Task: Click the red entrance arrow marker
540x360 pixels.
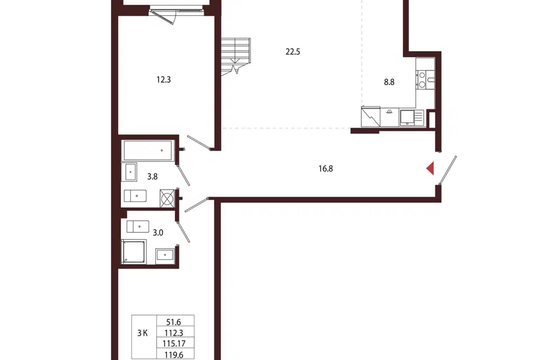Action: (430, 169)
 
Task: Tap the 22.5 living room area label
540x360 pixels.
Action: (292, 52)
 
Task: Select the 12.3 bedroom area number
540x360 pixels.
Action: (164, 79)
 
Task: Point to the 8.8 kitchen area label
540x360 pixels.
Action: (389, 82)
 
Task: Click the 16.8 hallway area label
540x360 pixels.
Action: (326, 168)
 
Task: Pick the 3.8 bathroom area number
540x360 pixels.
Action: (152, 177)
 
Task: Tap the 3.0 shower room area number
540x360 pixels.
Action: (157, 232)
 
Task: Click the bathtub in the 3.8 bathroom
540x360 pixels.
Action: (148, 151)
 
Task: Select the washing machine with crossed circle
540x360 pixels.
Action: (167, 199)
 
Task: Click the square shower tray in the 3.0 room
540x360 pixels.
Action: (134, 252)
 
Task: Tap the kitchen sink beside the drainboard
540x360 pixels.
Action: (407, 118)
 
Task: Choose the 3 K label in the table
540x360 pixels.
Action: (142, 333)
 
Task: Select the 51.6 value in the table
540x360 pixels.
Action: (174, 322)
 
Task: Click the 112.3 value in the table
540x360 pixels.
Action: (174, 333)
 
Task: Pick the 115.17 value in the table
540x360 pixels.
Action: (174, 344)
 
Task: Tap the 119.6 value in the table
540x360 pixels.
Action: (174, 354)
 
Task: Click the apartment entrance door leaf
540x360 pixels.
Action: (448, 170)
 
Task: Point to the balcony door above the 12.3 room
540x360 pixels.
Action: (164, 16)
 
